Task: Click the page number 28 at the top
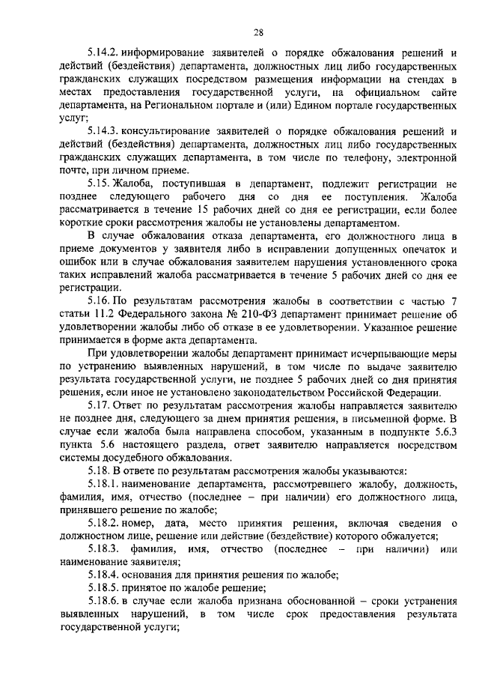[x=258, y=31]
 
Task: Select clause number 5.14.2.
[x=104, y=54]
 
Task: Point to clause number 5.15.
[x=99, y=184]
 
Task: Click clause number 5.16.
[x=99, y=314]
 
